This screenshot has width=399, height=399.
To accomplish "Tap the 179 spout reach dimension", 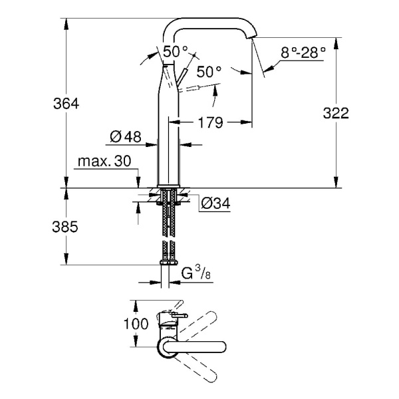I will point(210,122).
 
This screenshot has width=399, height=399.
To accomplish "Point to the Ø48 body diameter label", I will point(125,137).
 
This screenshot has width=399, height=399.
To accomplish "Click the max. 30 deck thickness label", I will point(105,162).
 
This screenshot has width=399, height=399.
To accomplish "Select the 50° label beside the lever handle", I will point(208,71).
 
